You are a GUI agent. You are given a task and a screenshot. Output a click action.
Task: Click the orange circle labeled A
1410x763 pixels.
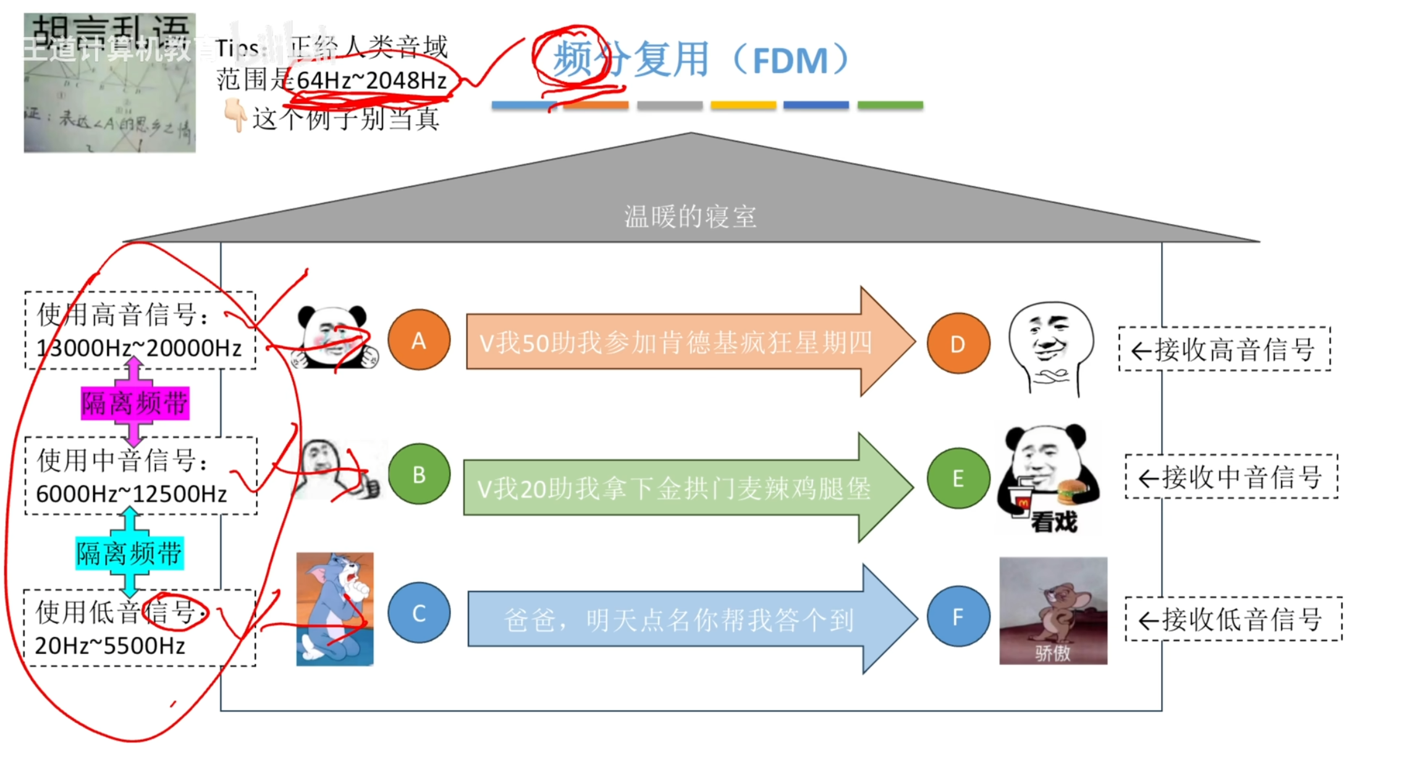pos(419,340)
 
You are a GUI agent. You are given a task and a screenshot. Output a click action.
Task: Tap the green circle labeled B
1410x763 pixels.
pos(419,474)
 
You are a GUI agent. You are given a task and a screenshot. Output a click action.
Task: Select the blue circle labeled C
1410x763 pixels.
pos(419,613)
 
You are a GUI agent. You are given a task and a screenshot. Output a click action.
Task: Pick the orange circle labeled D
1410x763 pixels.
pos(958,343)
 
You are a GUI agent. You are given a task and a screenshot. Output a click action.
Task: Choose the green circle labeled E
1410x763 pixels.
pos(958,478)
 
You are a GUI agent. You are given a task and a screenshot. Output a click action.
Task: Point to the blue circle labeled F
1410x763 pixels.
pos(958,617)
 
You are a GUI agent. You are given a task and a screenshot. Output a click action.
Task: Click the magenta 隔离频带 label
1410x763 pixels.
pos(135,404)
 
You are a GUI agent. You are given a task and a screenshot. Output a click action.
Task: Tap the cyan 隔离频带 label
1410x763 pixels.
pos(130,553)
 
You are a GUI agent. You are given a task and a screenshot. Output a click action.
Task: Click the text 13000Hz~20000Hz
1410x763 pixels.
pos(139,348)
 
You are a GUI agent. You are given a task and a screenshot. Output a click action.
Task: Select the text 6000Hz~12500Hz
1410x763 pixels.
pos(132,494)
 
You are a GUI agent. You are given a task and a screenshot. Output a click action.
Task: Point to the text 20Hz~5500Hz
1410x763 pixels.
pos(110,646)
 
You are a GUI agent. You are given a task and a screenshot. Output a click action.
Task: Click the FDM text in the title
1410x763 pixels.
pos(791,60)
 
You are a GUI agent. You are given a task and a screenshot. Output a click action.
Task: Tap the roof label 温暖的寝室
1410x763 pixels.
pos(690,217)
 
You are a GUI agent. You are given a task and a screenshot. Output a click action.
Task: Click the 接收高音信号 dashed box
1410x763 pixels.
pos(1225,349)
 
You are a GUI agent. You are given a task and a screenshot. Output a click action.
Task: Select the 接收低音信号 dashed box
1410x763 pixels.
pos(1233,619)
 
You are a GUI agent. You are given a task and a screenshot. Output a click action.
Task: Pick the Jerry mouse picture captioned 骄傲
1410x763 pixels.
pos(1053,611)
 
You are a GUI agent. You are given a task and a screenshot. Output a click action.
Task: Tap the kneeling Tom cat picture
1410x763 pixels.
pos(335,609)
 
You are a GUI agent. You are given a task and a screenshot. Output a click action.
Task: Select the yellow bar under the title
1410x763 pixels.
pos(743,106)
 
